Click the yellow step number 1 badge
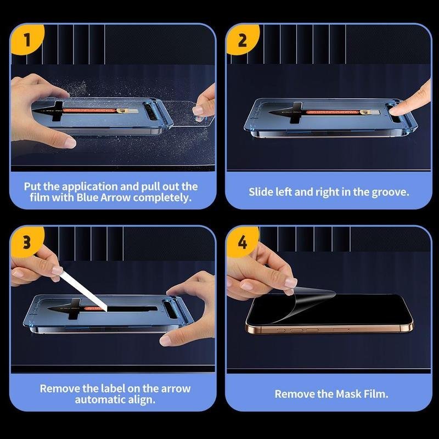pos(27,39)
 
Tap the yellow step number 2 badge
pos(243,39)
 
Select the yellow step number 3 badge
pos(27,241)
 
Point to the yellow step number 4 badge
pos(243,241)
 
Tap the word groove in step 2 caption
pos(390,193)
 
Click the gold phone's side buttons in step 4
pos(298,330)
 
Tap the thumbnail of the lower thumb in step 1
pos(70,143)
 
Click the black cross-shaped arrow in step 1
pos(54,111)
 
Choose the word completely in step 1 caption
pos(162,198)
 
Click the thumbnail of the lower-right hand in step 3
pos(165,341)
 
